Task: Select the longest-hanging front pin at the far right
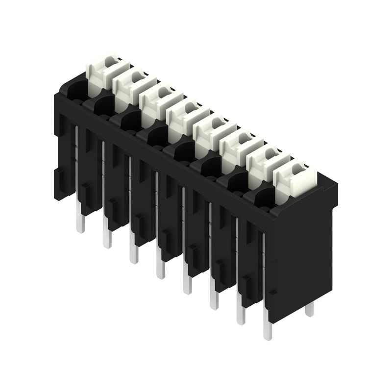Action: pos(268,329)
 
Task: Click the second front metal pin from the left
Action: pos(107,238)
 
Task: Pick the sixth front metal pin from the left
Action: pos(214,299)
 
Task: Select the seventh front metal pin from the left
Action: pos(241,314)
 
